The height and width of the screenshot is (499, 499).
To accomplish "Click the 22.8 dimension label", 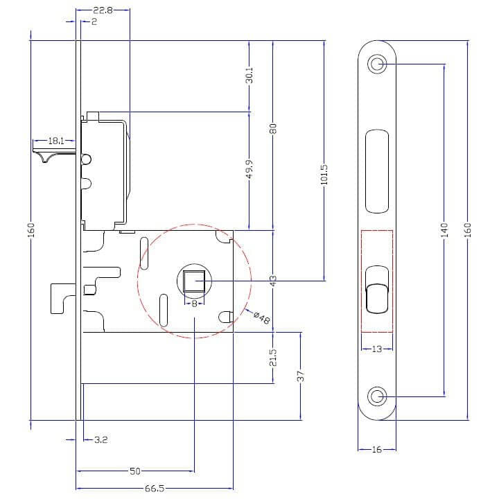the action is pyautogui.click(x=103, y=10).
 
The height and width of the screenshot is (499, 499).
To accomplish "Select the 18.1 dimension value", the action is pyautogui.click(x=56, y=141).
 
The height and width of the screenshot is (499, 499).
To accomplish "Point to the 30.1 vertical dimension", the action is pyautogui.click(x=249, y=75).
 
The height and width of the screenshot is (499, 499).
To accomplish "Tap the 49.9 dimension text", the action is pyautogui.click(x=249, y=169).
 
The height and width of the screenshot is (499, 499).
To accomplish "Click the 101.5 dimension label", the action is pyautogui.click(x=324, y=175).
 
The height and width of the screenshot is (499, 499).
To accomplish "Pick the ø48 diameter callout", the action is pyautogui.click(x=262, y=317).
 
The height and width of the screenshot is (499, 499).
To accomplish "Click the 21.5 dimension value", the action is pyautogui.click(x=273, y=358).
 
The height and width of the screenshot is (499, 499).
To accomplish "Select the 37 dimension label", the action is pyautogui.click(x=300, y=376).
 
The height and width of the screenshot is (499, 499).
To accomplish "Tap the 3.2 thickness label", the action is pyautogui.click(x=101, y=440).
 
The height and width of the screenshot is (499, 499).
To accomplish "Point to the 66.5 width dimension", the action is pyautogui.click(x=155, y=488).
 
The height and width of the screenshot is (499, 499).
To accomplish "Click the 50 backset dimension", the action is pyautogui.click(x=135, y=471).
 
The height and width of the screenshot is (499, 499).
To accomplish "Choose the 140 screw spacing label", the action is pyautogui.click(x=444, y=230).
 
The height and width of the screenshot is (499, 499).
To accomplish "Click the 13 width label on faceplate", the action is pyautogui.click(x=377, y=349).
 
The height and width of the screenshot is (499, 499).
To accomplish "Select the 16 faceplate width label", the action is pyautogui.click(x=377, y=450).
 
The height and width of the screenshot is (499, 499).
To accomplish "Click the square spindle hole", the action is pyautogui.click(x=194, y=281).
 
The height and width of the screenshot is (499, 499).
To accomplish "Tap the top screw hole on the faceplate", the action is pyautogui.click(x=377, y=64).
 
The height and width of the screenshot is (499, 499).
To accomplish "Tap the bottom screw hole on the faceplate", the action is pyautogui.click(x=377, y=396).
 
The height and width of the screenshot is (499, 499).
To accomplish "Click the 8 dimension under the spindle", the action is pyautogui.click(x=194, y=304).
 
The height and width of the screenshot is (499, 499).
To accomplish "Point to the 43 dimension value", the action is pyautogui.click(x=273, y=281).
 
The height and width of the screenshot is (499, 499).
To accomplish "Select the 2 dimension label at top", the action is pyautogui.click(x=94, y=21).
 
